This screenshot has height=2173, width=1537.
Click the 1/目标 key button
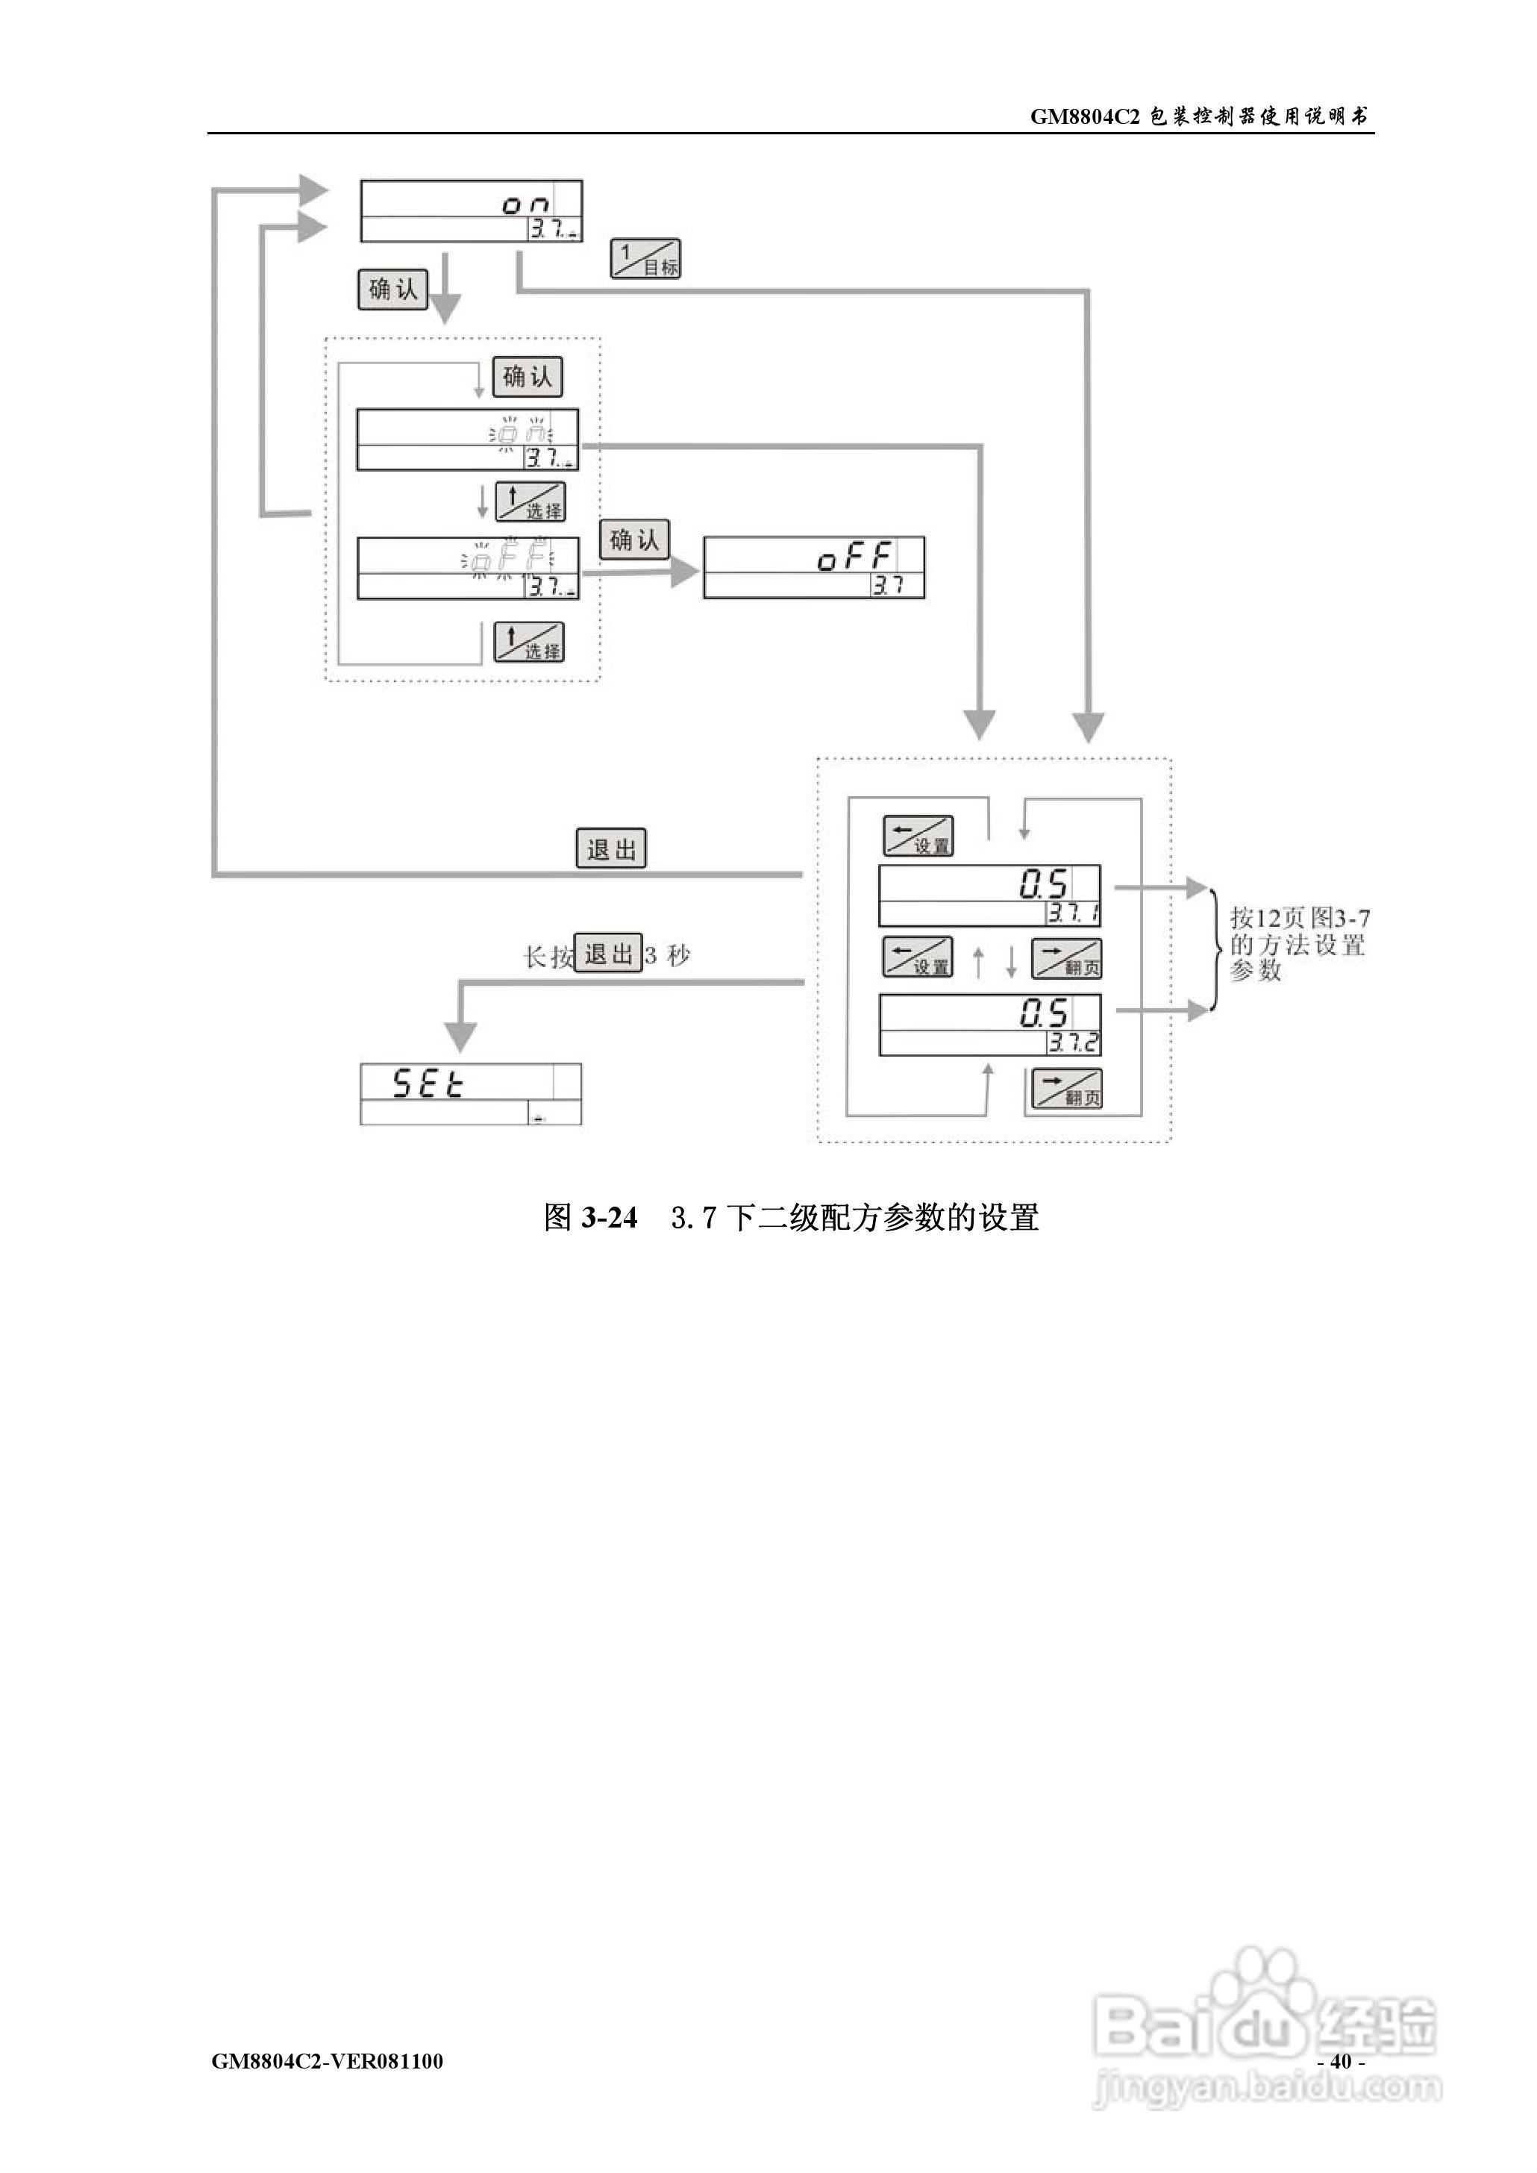click(645, 258)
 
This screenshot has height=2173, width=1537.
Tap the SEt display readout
click(429, 1083)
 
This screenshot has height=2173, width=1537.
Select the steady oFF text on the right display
click(854, 557)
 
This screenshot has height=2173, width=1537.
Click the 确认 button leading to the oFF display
click(634, 540)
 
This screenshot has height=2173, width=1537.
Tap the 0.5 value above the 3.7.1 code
click(1043, 885)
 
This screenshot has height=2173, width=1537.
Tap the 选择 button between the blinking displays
click(530, 501)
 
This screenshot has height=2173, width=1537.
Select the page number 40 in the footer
click(1340, 2060)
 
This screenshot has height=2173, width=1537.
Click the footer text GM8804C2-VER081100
click(328, 2060)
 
